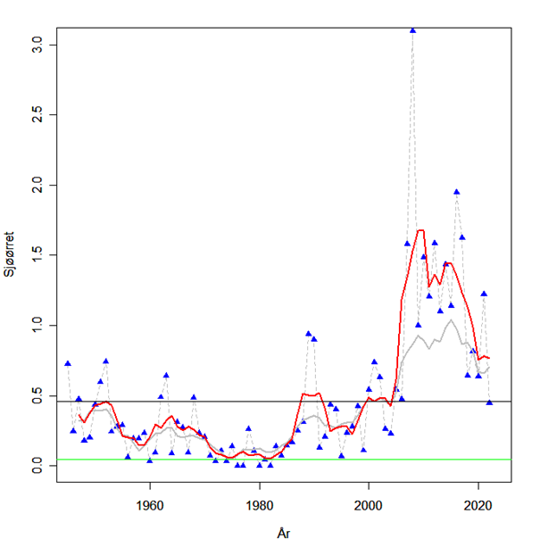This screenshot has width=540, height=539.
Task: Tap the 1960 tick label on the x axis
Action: click(150, 502)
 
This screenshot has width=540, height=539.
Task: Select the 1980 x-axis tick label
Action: click(260, 502)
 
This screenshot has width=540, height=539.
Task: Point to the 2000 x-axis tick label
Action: click(369, 502)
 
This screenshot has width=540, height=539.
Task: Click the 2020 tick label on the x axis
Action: click(478, 502)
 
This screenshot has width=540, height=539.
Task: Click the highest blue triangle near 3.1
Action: click(412, 29)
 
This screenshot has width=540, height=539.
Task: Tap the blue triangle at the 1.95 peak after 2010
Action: click(456, 192)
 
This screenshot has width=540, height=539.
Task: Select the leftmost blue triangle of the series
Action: click(68, 363)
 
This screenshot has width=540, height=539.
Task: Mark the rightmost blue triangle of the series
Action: click(489, 402)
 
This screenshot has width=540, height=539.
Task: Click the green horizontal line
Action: click(268, 460)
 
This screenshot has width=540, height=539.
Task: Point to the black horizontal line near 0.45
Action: click(268, 402)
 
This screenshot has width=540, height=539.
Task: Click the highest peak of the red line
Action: click(420, 230)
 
